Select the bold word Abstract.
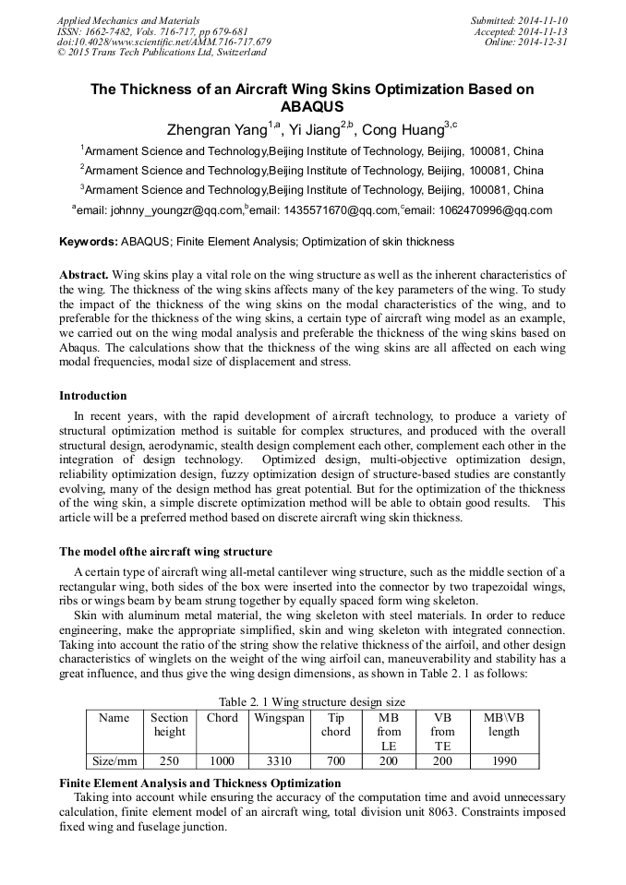pos(84,275)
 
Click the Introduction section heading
pos(93,396)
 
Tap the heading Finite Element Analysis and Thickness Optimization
pos(199,783)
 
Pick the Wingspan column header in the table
pos(279,718)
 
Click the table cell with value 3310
pos(279,761)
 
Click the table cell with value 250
pos(169,761)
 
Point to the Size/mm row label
pos(114,761)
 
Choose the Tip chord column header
pos(335,724)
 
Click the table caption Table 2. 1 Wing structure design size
pos(312,701)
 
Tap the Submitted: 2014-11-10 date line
pos(519,19)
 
